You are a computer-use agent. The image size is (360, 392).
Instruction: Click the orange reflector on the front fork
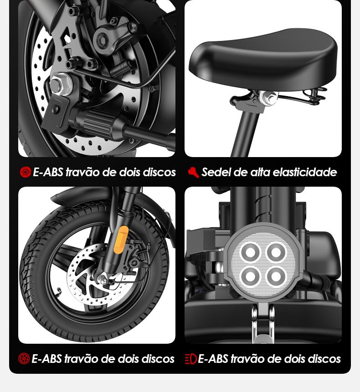pyautogui.click(x=121, y=239)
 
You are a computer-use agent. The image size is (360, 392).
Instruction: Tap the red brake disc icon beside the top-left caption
pyautogui.click(x=25, y=172)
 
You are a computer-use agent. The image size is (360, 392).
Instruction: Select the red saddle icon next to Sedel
pyautogui.click(x=193, y=172)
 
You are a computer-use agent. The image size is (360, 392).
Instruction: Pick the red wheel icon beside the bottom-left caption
pyautogui.click(x=24, y=359)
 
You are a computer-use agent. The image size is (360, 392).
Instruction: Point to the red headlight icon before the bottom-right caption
pyautogui.click(x=190, y=359)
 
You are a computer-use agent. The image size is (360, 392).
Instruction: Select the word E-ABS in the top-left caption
pyautogui.click(x=48, y=172)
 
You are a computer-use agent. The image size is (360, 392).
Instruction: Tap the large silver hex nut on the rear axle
pyautogui.click(x=60, y=84)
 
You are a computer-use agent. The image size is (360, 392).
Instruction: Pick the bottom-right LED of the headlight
pyautogui.click(x=276, y=276)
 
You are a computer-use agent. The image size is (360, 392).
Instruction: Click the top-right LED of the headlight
pyautogui.click(x=276, y=252)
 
